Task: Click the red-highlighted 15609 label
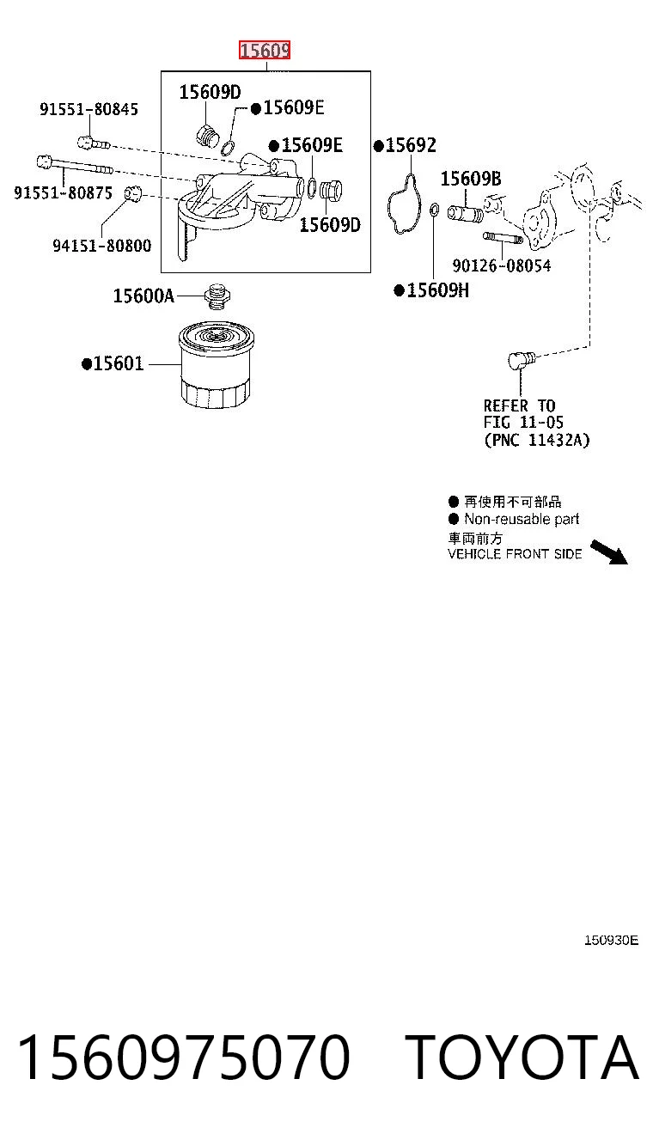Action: point(265,50)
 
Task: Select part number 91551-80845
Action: point(89,109)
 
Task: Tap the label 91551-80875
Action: point(63,192)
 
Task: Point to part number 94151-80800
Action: point(102,246)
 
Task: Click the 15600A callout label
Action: point(143,296)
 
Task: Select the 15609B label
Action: point(471,179)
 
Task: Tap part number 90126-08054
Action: point(502,265)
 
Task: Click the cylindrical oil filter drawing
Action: point(216,365)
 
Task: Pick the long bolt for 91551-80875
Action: point(75,165)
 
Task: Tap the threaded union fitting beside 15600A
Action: point(217,296)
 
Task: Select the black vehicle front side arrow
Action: point(609,552)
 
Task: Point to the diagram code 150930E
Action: point(611,940)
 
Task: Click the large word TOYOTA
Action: point(522,1057)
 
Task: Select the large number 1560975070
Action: point(184,1057)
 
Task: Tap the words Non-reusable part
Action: point(522,519)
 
